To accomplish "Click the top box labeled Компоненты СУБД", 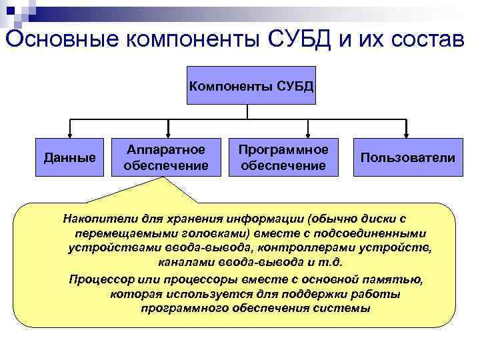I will click(x=251, y=85).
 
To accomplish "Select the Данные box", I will click(x=69, y=158).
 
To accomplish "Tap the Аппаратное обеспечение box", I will click(x=165, y=157).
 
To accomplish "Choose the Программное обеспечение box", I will click(x=283, y=157).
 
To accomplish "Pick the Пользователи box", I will click(x=407, y=158).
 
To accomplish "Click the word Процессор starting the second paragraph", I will click(x=97, y=279).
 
